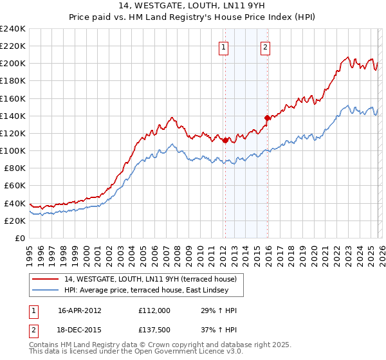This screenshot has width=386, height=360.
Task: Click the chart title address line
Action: click(193, 6)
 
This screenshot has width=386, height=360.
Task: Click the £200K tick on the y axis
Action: click(12, 64)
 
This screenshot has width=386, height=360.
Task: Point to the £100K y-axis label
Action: click(12, 150)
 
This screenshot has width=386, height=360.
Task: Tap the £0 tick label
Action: click(19, 238)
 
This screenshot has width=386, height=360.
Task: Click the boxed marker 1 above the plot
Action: click(223, 46)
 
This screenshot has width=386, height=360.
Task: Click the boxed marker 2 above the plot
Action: click(265, 46)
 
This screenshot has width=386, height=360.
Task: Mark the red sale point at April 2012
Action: click(225, 140)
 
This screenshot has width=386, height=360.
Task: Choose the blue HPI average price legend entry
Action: click(146, 290)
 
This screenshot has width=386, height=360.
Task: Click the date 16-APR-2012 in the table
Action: click(80, 310)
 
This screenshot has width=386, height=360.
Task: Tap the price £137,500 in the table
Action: click(154, 330)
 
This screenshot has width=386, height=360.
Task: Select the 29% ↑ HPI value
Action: click(214, 310)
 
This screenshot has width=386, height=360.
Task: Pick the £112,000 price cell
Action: click(154, 310)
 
